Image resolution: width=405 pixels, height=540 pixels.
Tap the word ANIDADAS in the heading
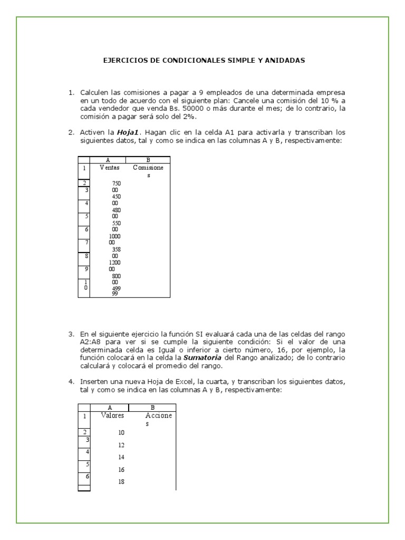point(285,61)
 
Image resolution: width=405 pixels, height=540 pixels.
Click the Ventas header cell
point(109,168)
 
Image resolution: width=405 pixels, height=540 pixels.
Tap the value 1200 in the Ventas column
point(115,262)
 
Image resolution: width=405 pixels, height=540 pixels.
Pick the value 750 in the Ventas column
point(117,184)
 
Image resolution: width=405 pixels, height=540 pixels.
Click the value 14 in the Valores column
point(121,457)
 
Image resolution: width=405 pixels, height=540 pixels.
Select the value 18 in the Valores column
point(121,481)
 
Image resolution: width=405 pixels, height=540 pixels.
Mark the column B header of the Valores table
point(152,407)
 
